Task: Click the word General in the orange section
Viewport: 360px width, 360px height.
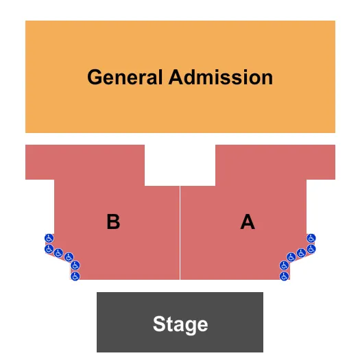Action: pyautogui.click(x=125, y=77)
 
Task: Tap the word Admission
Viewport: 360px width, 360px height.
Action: pyautogui.click(x=221, y=77)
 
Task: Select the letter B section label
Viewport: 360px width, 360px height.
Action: pyautogui.click(x=113, y=221)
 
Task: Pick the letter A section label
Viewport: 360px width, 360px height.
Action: pyautogui.click(x=248, y=221)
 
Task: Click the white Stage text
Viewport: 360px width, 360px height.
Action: pyautogui.click(x=180, y=324)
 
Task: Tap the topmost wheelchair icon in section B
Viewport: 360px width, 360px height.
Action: pyautogui.click(x=49, y=239)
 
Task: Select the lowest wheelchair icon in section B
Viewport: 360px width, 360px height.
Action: pyautogui.click(x=75, y=276)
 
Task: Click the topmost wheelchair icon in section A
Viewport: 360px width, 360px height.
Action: pyautogui.click(x=311, y=239)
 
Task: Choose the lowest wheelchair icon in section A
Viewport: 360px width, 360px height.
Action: pyautogui.click(x=285, y=276)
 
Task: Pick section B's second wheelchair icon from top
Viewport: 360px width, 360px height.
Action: pyautogui.click(x=49, y=249)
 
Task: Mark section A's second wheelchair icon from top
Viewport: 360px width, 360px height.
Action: pyautogui.click(x=311, y=249)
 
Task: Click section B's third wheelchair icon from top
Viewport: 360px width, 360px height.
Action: pyautogui.click(x=58, y=253)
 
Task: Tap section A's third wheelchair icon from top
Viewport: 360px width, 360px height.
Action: pyautogui.click(x=301, y=253)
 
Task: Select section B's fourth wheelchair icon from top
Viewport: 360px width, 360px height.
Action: pyautogui.click(x=69, y=257)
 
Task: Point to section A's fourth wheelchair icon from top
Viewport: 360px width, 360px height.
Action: pyautogui.click(x=291, y=257)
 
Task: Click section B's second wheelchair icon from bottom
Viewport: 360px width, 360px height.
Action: pyautogui.click(x=75, y=265)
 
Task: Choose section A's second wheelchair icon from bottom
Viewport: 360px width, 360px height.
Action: pyautogui.click(x=285, y=265)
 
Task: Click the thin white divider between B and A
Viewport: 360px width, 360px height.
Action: pyautogui.click(x=180, y=233)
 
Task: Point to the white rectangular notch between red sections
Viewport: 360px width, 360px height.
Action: pyautogui.click(x=180, y=165)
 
